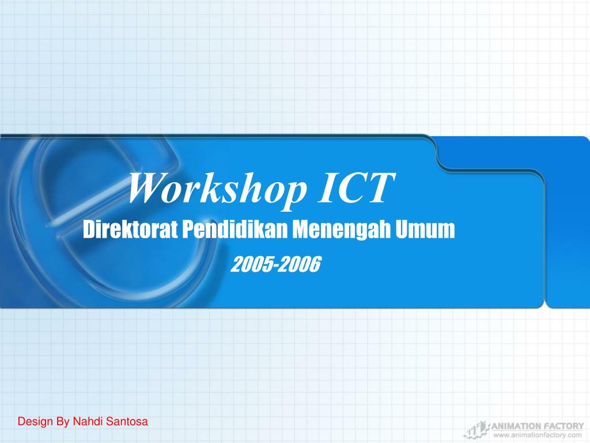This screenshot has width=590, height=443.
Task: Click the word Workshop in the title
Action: [217, 188]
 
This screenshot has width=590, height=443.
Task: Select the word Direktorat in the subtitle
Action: [131, 230]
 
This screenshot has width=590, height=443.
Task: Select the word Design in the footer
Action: [35, 422]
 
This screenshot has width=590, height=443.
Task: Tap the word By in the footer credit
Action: [62, 422]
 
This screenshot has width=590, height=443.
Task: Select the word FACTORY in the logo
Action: [563, 426]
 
